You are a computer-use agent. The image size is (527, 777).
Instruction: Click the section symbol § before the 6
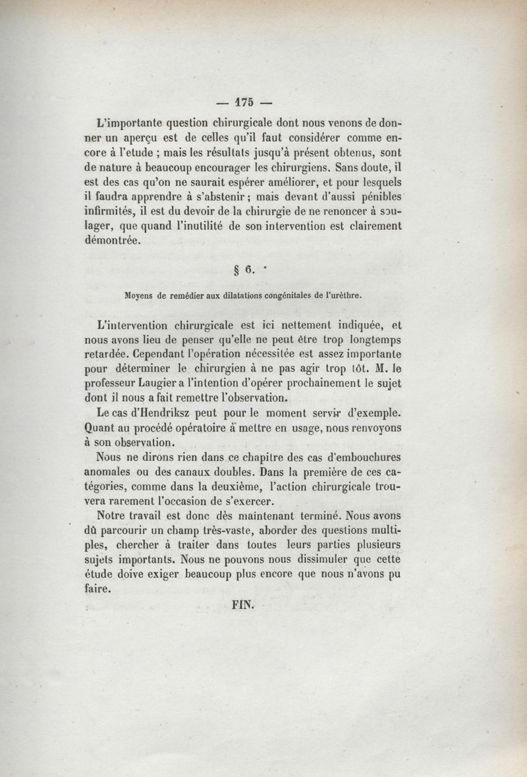pos(236,270)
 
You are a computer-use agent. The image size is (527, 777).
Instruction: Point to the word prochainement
pos(305,384)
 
